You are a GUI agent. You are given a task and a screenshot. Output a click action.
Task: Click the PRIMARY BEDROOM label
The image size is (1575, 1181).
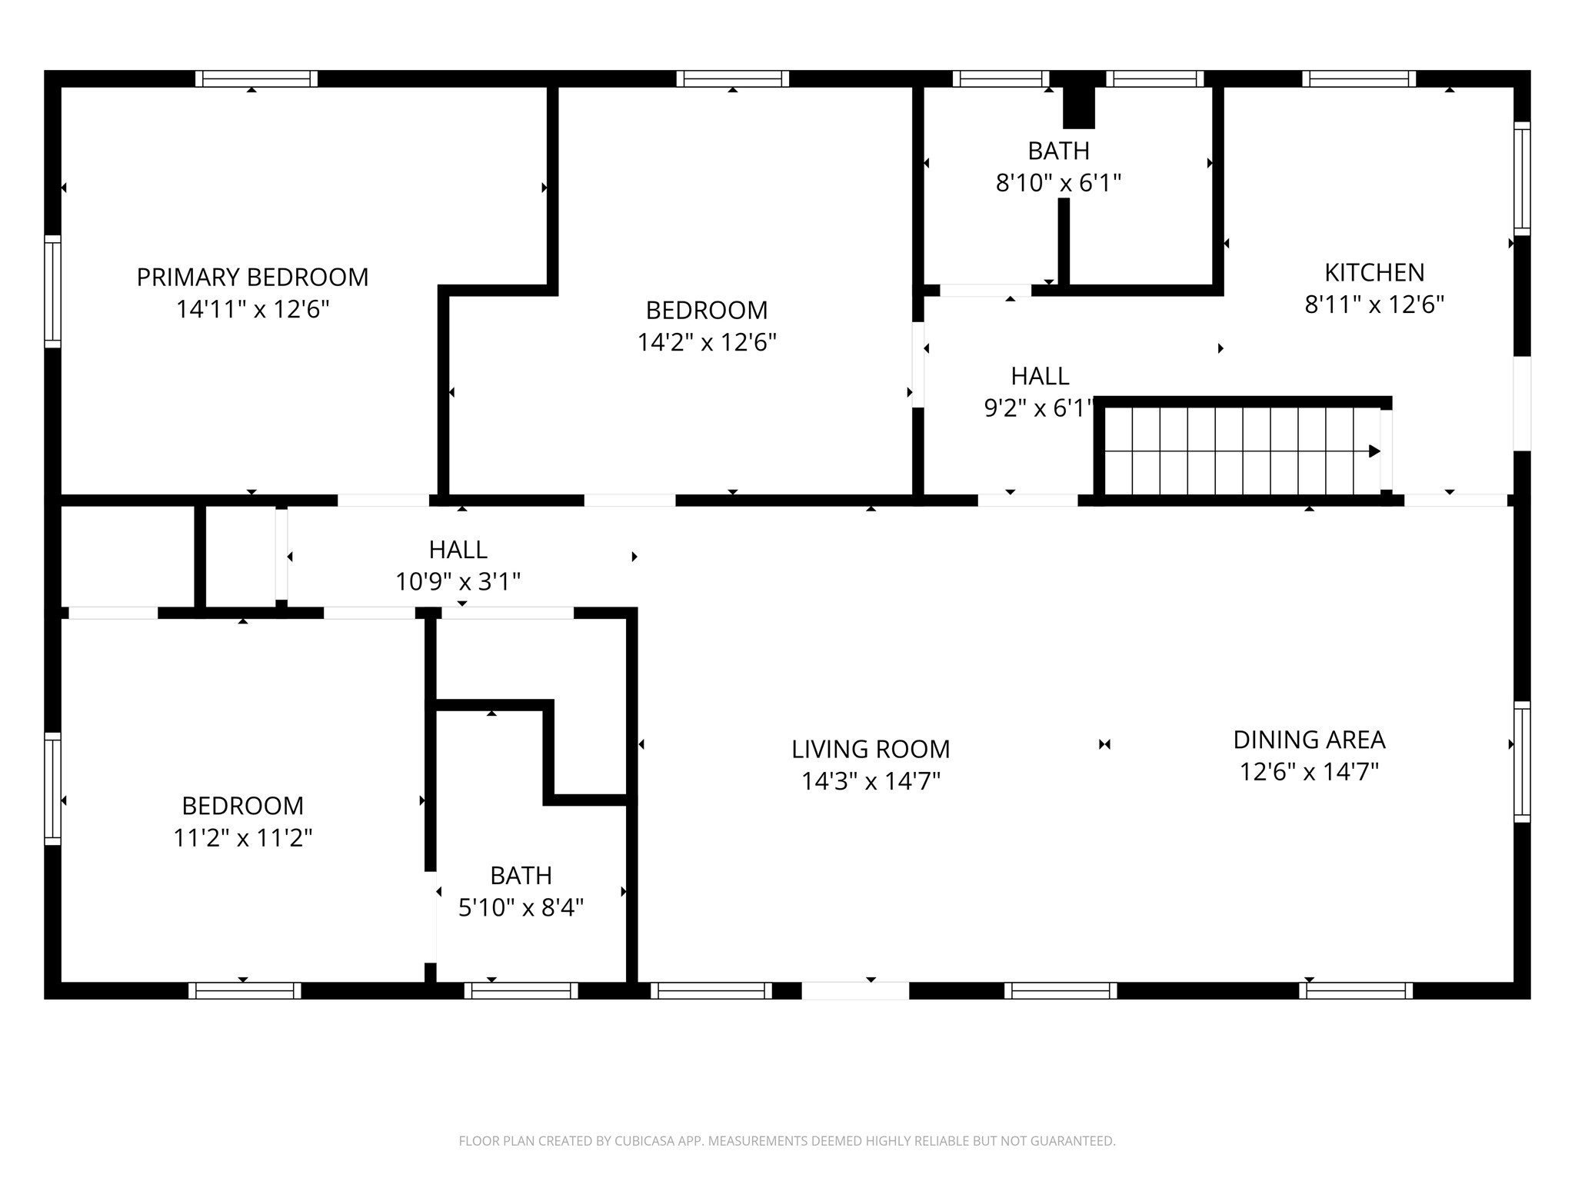(x=252, y=277)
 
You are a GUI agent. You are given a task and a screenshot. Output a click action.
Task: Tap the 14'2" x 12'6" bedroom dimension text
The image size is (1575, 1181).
(x=707, y=342)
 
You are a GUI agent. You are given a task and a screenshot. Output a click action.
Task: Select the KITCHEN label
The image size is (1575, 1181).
(x=1374, y=272)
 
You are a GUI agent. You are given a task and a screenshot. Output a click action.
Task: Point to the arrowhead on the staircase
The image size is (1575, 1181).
(x=1374, y=451)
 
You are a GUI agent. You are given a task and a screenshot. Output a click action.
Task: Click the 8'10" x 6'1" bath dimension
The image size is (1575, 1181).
(x=1058, y=183)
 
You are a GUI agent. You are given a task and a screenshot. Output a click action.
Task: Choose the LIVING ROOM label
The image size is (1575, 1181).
(x=871, y=749)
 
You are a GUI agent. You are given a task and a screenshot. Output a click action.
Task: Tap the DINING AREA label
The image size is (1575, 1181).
(x=1309, y=740)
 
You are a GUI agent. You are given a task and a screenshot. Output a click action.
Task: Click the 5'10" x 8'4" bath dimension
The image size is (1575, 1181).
(x=521, y=908)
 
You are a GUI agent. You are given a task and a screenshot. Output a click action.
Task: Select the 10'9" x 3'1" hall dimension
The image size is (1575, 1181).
(x=458, y=581)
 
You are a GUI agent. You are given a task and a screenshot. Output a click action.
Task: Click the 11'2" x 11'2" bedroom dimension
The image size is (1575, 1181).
(x=242, y=837)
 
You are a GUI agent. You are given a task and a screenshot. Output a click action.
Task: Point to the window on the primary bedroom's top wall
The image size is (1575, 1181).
(x=256, y=78)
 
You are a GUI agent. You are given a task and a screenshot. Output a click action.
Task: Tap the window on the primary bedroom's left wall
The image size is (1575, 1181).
(x=52, y=291)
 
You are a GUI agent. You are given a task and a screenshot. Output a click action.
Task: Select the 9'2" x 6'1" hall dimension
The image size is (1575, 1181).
(x=1038, y=408)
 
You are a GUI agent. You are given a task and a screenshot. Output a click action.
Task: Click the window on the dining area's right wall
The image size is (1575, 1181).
(x=1521, y=761)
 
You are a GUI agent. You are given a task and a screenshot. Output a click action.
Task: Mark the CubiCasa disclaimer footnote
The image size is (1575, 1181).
(x=787, y=1141)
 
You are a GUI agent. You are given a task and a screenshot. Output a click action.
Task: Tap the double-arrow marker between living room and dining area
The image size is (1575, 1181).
(x=1104, y=744)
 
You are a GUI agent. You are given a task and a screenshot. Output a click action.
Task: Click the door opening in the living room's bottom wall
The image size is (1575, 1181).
(x=855, y=990)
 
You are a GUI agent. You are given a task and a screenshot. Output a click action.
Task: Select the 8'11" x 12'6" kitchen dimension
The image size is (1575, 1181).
(x=1374, y=305)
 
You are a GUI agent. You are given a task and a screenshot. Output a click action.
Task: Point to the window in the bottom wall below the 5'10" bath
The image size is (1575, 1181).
(x=521, y=990)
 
